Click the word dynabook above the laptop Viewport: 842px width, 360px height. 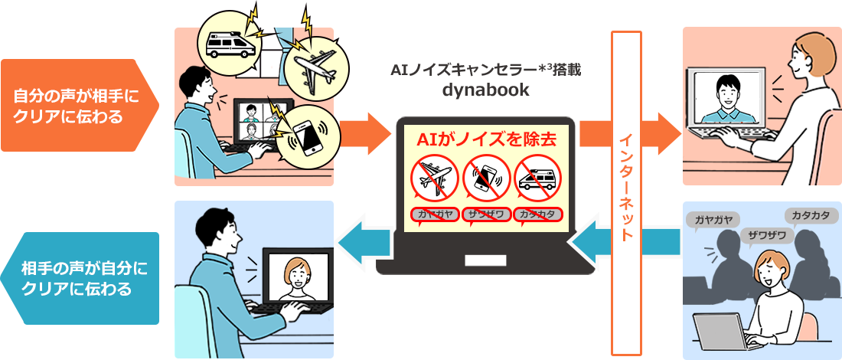click(486, 90)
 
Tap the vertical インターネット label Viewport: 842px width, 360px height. click(626, 188)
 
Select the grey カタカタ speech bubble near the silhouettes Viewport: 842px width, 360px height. click(811, 215)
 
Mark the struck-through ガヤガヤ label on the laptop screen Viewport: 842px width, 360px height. click(435, 214)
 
